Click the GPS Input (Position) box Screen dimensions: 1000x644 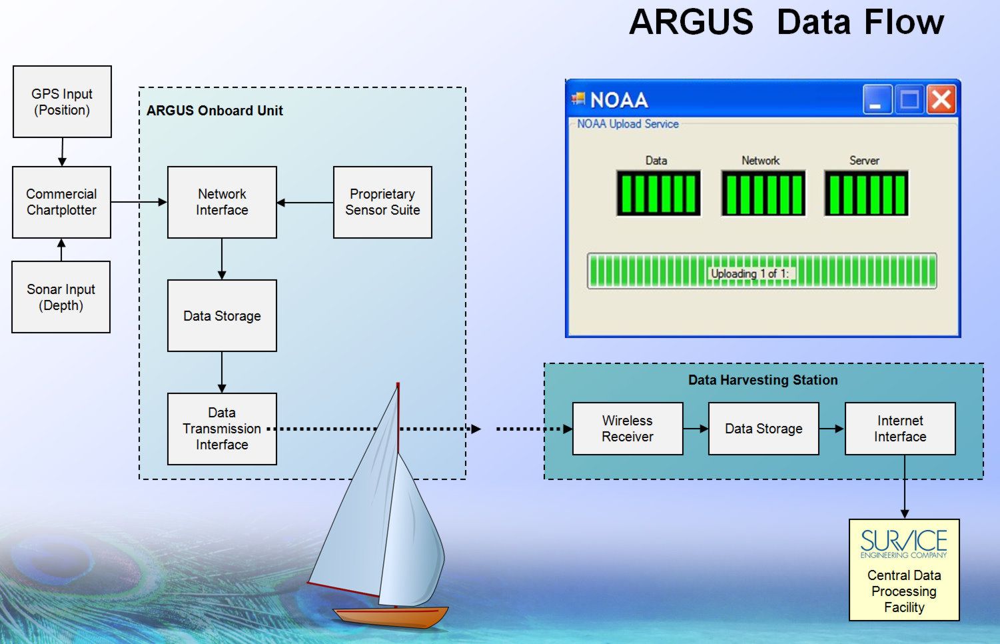coord(62,102)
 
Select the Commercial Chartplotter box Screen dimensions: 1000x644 coord(61,202)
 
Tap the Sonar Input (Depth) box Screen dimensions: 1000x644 coord(61,297)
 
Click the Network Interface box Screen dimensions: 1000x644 coord(222,202)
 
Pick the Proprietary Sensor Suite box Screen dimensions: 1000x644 coord(382,202)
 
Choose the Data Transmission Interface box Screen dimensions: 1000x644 coord(222,429)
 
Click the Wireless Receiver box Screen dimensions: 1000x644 coord(628,429)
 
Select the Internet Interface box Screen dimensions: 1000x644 coord(901,429)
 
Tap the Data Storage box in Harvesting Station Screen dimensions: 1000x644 coord(764,429)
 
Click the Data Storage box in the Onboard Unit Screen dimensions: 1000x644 coord(222,316)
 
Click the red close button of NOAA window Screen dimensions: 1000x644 coord(941,99)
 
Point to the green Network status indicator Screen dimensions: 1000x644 coord(763,193)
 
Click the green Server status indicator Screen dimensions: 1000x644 coord(866,193)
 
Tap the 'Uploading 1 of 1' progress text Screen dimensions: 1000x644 coord(750,273)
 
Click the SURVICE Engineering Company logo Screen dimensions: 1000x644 coord(904,544)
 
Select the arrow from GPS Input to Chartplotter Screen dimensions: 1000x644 coord(62,152)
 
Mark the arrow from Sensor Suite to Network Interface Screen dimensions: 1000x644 coord(305,202)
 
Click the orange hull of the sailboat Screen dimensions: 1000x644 coord(391,617)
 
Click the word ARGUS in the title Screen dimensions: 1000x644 coord(691,22)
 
